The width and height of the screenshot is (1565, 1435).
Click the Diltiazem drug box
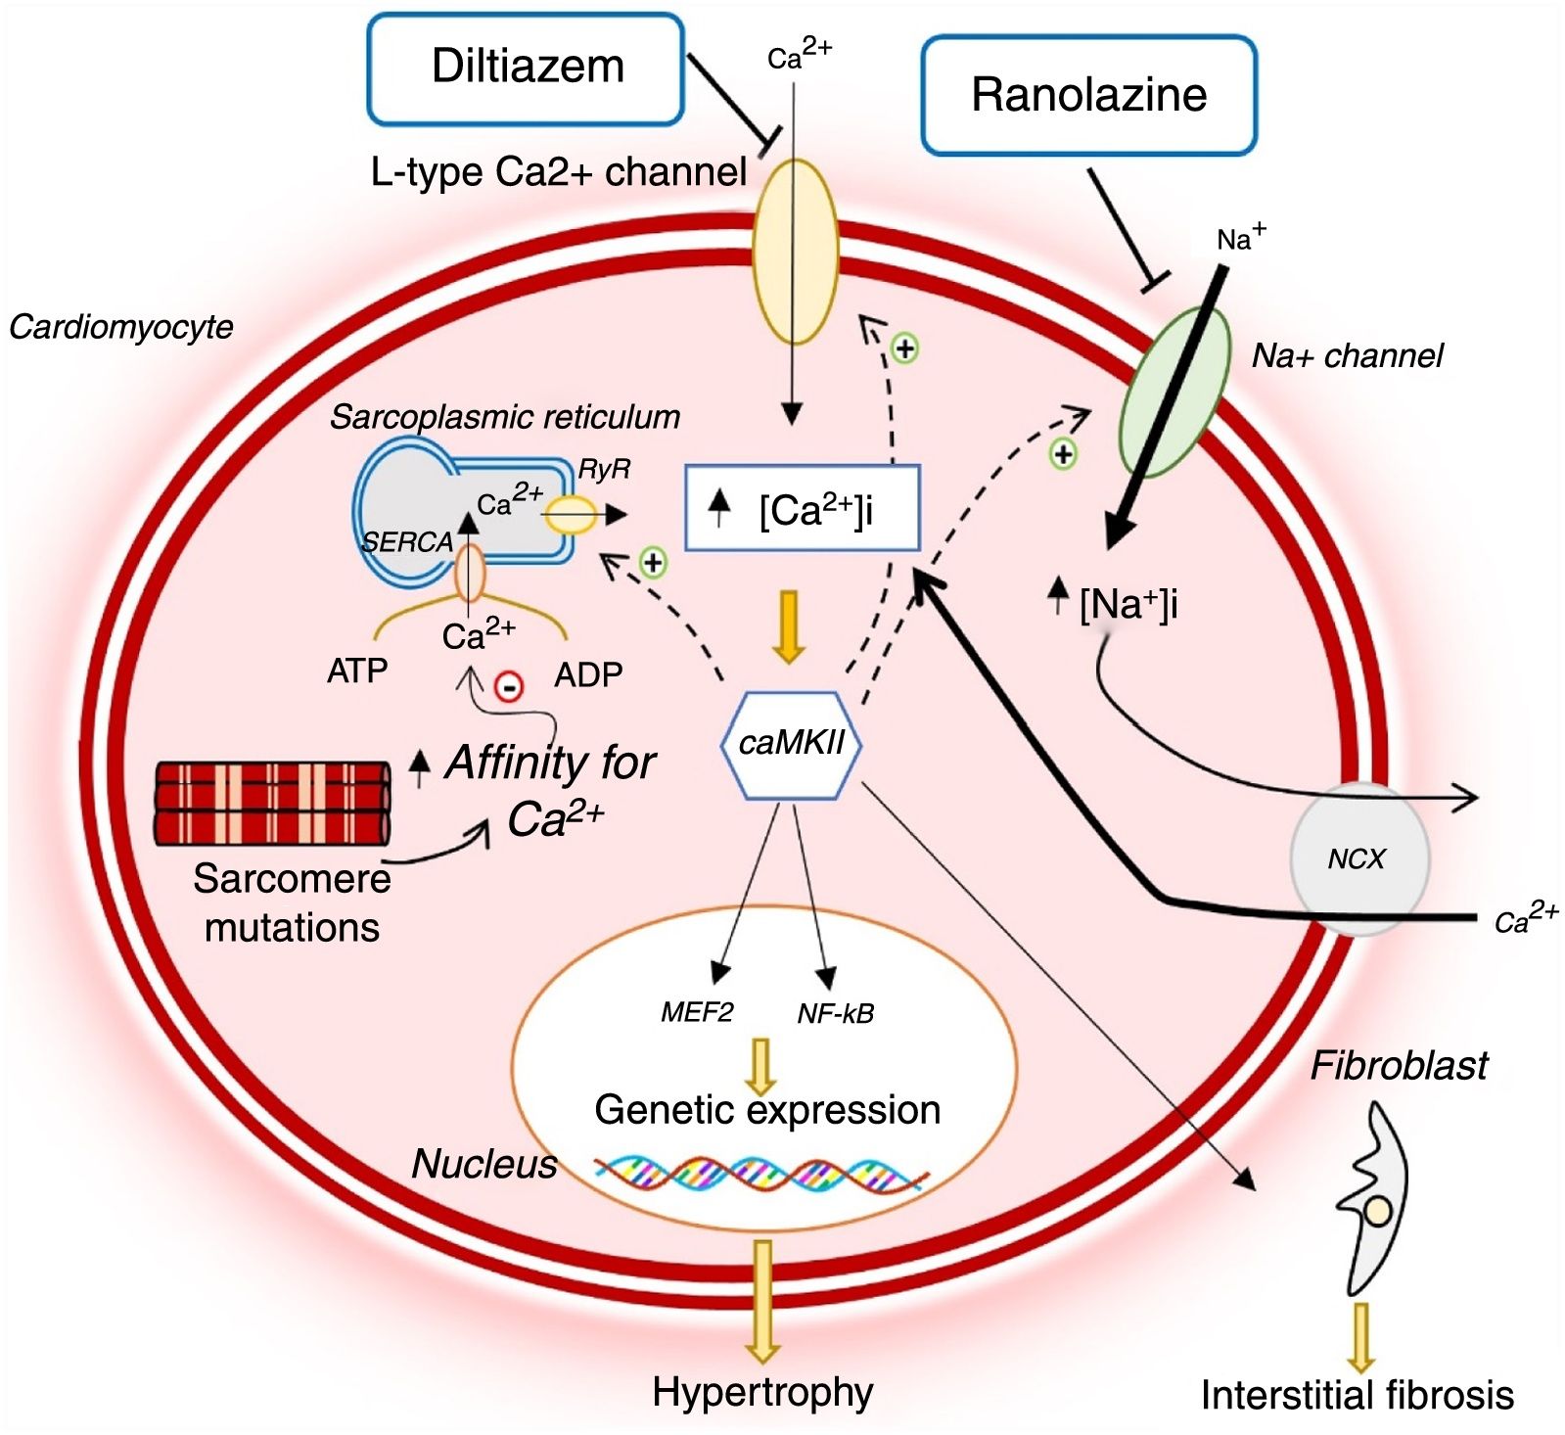click(x=526, y=69)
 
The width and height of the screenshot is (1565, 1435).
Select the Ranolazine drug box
click(x=1088, y=95)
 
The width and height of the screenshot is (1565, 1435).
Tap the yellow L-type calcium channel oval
click(x=795, y=252)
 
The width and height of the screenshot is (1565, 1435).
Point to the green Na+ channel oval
click(x=1174, y=392)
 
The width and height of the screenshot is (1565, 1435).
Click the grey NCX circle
click(x=1359, y=858)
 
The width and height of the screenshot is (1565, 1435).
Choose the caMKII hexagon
click(x=792, y=745)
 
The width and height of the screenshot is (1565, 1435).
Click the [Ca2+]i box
click(x=803, y=507)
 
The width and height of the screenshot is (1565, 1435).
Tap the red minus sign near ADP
click(x=509, y=686)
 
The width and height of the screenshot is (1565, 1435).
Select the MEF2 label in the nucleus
click(x=697, y=1012)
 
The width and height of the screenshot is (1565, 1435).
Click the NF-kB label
click(x=835, y=1013)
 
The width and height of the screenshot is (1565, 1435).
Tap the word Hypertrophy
click(x=762, y=1392)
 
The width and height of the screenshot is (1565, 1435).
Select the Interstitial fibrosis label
click(x=1358, y=1395)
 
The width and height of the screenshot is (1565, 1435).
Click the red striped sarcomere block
click(x=272, y=803)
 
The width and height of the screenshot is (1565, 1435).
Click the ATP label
click(x=357, y=671)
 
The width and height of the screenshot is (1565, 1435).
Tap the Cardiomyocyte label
click(x=121, y=327)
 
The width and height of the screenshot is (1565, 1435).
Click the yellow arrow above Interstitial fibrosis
click(x=1358, y=1336)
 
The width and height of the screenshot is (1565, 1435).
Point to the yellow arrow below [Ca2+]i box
click(x=788, y=626)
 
